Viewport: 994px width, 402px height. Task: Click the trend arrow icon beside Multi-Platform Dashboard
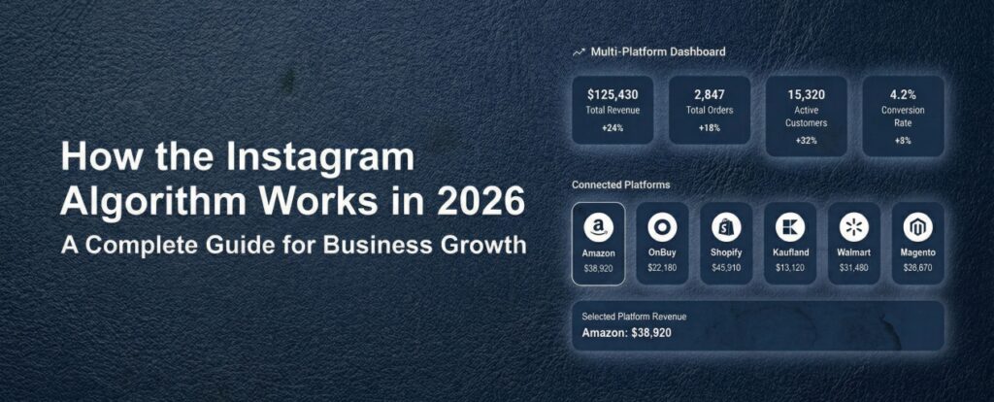coord(579,52)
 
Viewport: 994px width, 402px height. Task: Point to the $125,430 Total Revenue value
coord(613,95)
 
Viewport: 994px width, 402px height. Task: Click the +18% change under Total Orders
coord(710,127)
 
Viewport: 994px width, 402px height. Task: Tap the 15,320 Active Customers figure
coord(807,95)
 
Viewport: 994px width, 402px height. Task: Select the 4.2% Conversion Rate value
coord(903,95)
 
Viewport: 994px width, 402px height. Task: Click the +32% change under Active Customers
coord(807,140)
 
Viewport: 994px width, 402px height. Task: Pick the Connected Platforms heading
coord(620,185)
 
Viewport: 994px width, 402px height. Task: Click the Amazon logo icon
coord(598,227)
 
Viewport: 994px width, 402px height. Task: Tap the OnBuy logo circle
coord(662,227)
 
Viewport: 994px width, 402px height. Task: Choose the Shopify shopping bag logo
coord(726,227)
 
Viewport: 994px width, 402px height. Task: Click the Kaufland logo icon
coord(790,227)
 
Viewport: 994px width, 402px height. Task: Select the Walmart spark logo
coord(854,227)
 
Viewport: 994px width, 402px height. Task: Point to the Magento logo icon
coord(918,227)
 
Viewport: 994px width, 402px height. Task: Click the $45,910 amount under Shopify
coord(726,268)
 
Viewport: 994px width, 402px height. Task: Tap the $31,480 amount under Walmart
coord(854,268)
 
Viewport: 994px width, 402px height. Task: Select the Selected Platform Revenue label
coord(634,317)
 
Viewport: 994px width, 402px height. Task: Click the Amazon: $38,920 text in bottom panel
coord(626,332)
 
